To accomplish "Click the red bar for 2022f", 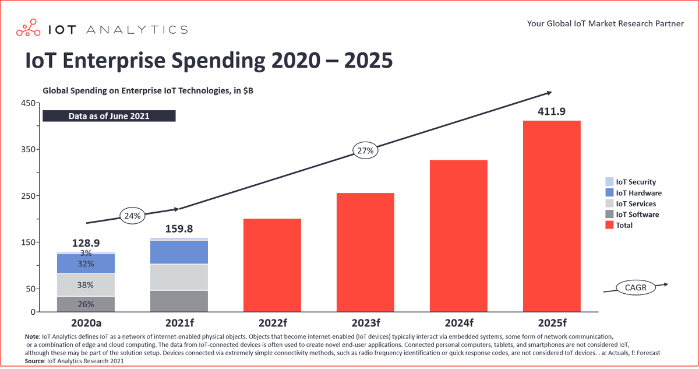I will click(x=272, y=265).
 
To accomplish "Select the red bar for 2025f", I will click(x=552, y=216).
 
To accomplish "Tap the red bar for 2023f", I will click(x=365, y=252).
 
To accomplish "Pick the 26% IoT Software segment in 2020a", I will click(x=86, y=304).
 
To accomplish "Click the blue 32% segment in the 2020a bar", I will click(x=86, y=263).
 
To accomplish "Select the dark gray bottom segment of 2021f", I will click(x=179, y=301).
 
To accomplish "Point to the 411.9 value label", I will click(x=552, y=111).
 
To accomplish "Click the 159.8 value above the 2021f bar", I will click(x=179, y=229).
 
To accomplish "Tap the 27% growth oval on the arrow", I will click(x=366, y=150).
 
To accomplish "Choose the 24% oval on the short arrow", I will click(x=133, y=215).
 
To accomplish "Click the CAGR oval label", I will click(x=635, y=287).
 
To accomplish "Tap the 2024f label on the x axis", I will click(x=458, y=323).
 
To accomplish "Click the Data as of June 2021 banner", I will click(x=109, y=116).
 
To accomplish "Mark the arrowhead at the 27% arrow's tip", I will click(x=548, y=93).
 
